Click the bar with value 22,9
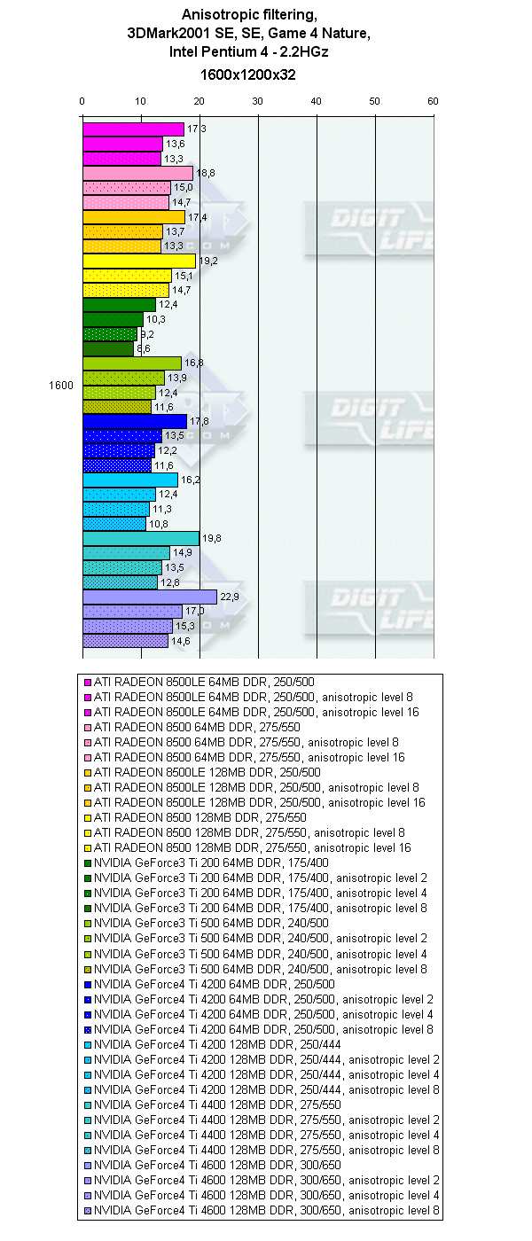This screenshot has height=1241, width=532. [149, 597]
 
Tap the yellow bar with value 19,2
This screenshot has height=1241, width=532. [138, 261]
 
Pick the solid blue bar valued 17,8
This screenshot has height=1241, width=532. [134, 421]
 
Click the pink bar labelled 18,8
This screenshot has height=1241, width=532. [137, 174]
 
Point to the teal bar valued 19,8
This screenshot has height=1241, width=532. [140, 538]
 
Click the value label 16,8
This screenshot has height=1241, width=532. [193, 363]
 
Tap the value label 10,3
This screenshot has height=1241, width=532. [155, 319]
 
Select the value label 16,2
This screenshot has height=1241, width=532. [190, 480]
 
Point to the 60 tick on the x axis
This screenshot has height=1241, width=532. [433, 101]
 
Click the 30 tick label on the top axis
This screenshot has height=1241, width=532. [257, 101]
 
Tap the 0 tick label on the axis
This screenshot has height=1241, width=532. [82, 101]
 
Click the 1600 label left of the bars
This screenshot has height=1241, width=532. [62, 385]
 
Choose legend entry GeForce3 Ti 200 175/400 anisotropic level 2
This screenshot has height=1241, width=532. [263, 878]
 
